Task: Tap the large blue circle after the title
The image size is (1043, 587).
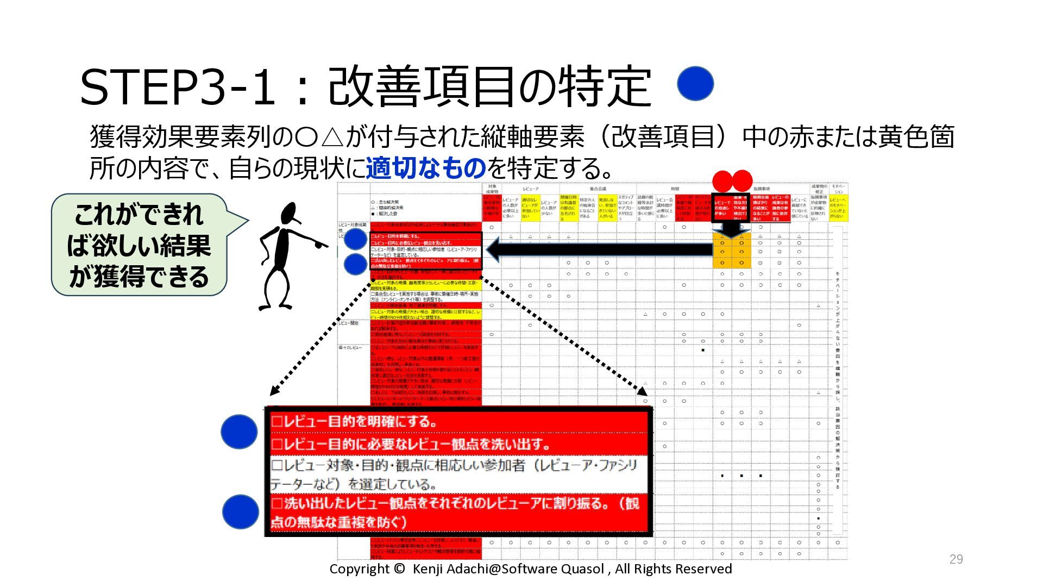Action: coord(695,84)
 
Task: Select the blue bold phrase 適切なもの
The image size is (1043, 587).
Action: coord(425,168)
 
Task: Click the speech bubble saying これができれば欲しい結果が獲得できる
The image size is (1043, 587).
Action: coord(139,245)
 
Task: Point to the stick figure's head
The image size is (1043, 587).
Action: coord(291,214)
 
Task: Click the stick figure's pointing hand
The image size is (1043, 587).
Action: coord(320,244)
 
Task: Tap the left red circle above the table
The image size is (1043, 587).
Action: coord(722,181)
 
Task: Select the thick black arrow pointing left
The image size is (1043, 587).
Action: coord(598,249)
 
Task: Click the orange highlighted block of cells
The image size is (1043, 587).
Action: coord(731,252)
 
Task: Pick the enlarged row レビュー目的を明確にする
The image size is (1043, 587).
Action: coord(459,422)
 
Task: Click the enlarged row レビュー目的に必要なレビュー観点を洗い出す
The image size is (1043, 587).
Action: coord(459,444)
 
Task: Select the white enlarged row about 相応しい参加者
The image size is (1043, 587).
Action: coord(459,474)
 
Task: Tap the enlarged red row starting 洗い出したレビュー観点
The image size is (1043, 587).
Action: coord(459,512)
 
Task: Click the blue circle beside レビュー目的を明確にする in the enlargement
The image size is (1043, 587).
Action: coord(239,432)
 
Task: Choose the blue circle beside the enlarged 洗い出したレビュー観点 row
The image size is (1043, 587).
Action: coord(240,511)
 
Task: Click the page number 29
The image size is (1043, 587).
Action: coord(956,559)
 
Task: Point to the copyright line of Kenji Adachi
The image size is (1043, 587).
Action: coord(530,569)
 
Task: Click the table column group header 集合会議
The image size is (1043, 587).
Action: coord(598,189)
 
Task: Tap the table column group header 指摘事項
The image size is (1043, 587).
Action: coord(761,189)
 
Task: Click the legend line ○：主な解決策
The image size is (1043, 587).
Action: coord(386,202)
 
